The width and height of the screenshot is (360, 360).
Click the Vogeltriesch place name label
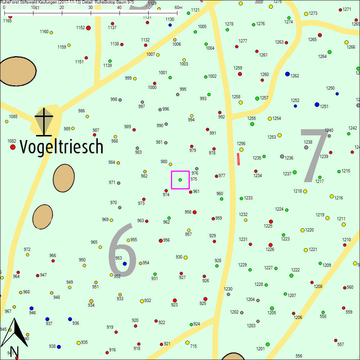61,147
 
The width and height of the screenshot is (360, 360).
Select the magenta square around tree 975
180,180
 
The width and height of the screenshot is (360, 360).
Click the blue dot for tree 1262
287,74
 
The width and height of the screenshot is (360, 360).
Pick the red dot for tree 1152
88,28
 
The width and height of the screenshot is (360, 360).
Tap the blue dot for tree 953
125,264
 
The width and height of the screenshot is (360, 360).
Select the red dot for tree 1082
13,147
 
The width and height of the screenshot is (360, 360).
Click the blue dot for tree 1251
317,104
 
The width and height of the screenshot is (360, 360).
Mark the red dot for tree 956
161,240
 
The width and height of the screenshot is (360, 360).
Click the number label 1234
257,176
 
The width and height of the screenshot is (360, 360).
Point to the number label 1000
152,87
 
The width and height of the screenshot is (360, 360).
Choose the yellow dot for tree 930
185,257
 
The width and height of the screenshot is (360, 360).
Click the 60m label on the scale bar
179,8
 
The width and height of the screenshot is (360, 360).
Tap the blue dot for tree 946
31,309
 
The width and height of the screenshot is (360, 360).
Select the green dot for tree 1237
294,172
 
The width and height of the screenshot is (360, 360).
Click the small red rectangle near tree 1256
238,159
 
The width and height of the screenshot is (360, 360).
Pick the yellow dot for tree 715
187,342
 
